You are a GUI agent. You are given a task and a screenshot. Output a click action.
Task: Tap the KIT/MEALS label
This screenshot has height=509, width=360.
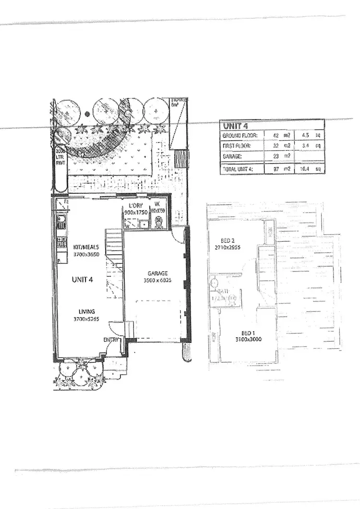click(86, 247)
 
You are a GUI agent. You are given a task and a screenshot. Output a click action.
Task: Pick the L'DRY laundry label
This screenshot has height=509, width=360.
click(134, 205)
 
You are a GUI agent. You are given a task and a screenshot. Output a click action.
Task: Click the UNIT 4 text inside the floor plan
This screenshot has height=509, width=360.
click(83, 280)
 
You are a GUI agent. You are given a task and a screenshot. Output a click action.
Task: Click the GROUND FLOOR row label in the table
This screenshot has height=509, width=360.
click(240, 136)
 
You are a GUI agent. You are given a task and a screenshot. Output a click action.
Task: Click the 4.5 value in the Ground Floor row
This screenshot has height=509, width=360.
click(306, 136)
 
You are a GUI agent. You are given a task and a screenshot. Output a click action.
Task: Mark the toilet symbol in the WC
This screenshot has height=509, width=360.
click(157, 221)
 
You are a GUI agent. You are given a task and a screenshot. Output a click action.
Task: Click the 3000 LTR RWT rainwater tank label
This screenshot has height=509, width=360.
click(60, 157)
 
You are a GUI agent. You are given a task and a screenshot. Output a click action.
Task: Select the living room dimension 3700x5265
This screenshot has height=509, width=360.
click(86, 319)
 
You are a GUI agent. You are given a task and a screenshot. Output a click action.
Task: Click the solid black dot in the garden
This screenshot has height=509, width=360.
click(86, 114)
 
